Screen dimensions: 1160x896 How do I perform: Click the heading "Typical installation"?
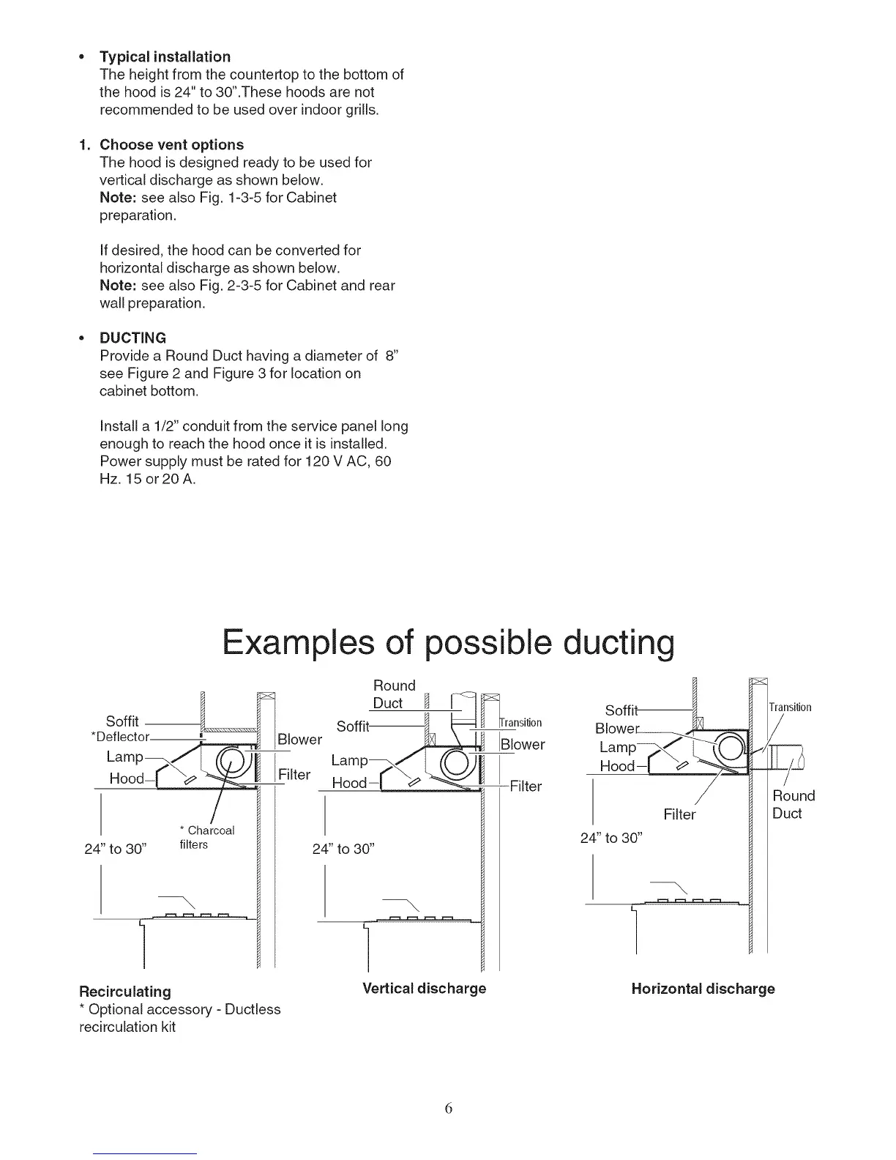(165, 56)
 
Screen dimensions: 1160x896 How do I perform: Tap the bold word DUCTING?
(132, 338)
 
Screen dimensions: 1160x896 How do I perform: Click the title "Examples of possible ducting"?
(448, 643)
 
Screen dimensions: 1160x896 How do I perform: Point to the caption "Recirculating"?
(125, 992)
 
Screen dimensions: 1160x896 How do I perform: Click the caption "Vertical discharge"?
(425, 988)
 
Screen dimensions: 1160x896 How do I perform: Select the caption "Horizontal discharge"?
(703, 989)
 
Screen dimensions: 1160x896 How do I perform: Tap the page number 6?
(449, 1108)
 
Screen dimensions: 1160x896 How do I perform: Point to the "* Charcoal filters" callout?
(206, 837)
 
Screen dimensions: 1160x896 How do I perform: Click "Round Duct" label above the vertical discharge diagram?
(394, 694)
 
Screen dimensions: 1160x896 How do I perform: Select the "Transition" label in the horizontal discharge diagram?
(790, 707)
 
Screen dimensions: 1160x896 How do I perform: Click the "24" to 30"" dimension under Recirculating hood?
(117, 849)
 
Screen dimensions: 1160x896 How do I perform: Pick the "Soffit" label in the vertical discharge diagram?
(353, 726)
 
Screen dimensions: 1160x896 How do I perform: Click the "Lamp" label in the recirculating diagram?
(124, 756)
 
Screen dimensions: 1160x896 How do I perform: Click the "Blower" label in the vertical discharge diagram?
(523, 745)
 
